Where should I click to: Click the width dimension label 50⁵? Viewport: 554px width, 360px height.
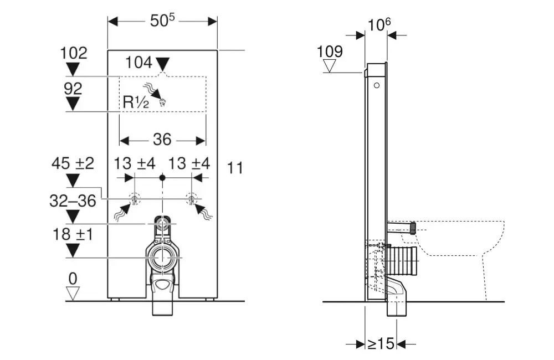[x=162, y=20]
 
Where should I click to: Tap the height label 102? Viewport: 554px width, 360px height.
[x=74, y=53]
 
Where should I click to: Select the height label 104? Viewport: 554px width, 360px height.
[x=138, y=63]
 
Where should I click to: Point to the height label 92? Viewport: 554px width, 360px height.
[x=73, y=89]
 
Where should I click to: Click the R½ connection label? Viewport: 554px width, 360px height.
[x=135, y=102]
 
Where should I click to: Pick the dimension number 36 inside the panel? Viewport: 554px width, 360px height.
[x=162, y=140]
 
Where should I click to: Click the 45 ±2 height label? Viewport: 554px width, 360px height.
[x=73, y=163]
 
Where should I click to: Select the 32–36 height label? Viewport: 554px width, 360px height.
[x=73, y=200]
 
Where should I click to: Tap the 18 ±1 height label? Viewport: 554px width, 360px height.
[x=72, y=235]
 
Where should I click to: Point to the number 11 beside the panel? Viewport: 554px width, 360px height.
[x=235, y=168]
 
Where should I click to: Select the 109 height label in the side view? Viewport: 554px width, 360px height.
[x=330, y=52]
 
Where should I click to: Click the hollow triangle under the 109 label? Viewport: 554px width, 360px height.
[x=331, y=66]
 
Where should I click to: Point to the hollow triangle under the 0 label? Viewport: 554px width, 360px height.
[x=73, y=292]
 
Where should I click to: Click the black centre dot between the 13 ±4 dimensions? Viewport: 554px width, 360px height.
[x=162, y=178]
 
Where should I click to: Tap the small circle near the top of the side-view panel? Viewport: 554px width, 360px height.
[x=377, y=85]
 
